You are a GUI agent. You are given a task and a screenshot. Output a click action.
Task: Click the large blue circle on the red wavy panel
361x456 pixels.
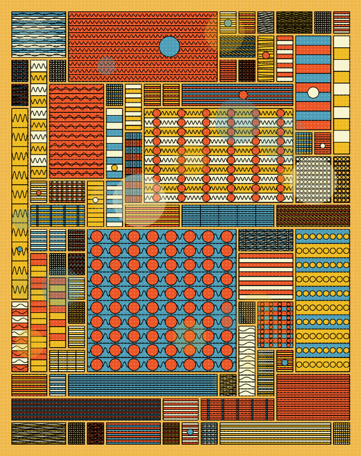click(169, 46)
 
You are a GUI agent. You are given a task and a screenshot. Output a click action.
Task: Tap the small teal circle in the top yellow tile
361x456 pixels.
click(228, 23)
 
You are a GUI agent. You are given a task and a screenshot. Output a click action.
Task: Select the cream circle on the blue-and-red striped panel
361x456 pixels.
click(313, 92)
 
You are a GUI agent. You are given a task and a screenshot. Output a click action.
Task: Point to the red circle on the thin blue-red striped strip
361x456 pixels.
click(244, 95)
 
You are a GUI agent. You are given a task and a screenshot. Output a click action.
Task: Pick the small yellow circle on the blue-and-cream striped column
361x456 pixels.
click(115, 168)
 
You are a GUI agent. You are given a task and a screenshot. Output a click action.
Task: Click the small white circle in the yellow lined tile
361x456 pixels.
click(95, 199)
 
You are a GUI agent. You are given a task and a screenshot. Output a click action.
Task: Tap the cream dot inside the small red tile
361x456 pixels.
click(323, 145)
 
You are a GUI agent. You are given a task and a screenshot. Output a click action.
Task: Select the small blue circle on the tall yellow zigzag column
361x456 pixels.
click(20, 249)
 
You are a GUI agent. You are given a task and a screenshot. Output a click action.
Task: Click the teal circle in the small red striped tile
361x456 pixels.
click(285, 363)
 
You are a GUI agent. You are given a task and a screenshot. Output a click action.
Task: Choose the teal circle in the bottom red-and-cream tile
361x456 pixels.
click(190, 432)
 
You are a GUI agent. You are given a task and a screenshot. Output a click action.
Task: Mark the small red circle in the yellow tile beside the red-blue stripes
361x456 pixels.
click(266, 55)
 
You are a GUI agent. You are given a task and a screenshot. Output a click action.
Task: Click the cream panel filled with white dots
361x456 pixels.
click(313, 179)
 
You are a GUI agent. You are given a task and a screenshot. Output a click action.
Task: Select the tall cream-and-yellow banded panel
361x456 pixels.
click(342, 95)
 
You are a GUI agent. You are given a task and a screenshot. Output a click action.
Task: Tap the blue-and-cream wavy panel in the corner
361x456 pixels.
click(38, 34)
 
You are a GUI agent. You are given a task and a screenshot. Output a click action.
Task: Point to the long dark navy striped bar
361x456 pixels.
click(86, 409)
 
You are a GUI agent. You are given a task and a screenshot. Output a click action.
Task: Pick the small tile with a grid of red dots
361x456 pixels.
click(275, 324)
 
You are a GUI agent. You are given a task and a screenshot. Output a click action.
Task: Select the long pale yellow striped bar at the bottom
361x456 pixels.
click(275, 433)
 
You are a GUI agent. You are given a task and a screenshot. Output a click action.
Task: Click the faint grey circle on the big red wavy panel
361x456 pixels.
click(106, 65)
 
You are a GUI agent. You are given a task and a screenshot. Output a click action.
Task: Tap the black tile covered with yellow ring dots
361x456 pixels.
click(342, 179)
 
